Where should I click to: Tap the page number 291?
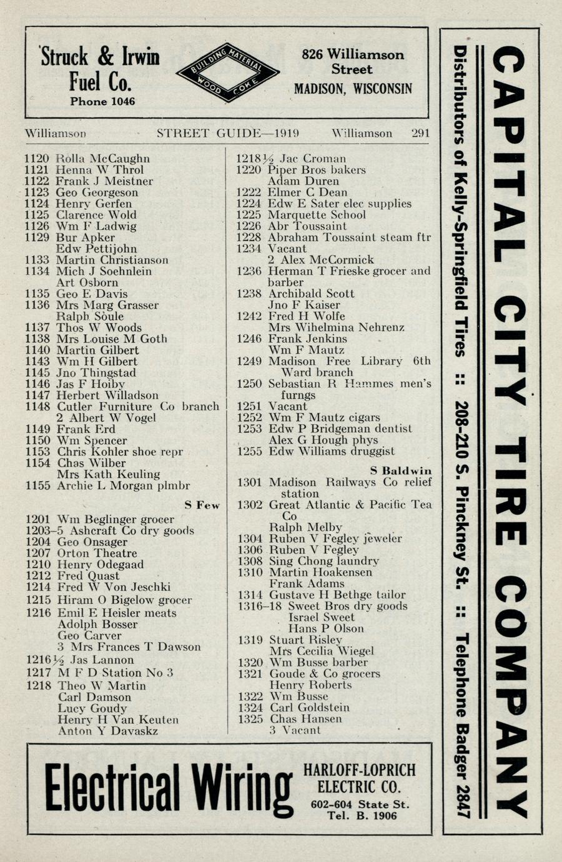pyautogui.click(x=420, y=133)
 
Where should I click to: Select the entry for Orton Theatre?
pyautogui.click(x=97, y=553)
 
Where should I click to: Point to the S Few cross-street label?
pyautogui.click(x=202, y=505)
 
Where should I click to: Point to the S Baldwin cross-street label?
pyautogui.click(x=400, y=470)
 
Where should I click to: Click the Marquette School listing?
pyautogui.click(x=317, y=215)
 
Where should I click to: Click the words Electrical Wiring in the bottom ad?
pyautogui.click(x=167, y=788)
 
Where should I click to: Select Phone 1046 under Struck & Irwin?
pyautogui.click(x=102, y=101)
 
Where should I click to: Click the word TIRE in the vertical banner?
pyautogui.click(x=511, y=481)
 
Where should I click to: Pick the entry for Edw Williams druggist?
pyautogui.click(x=332, y=451)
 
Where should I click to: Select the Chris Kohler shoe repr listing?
pyautogui.click(x=120, y=452)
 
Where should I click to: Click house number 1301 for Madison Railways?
pyautogui.click(x=249, y=482)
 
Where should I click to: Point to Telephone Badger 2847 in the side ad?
pyautogui.click(x=461, y=725)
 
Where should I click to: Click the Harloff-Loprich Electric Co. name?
pyautogui.click(x=358, y=778)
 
